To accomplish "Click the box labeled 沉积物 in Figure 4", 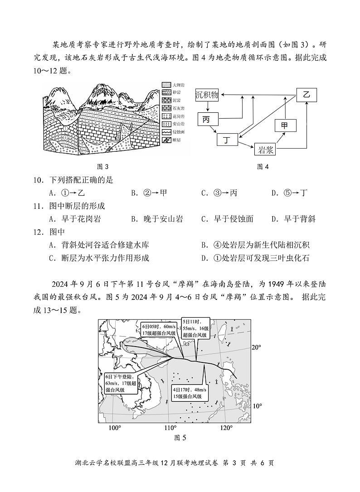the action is click(207, 95).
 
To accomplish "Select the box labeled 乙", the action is click(306, 94).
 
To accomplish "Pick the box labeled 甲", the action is click(285, 125).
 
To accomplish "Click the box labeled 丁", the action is click(227, 140).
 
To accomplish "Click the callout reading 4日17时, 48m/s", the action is click(190, 393).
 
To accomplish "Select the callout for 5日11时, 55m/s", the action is click(195, 328).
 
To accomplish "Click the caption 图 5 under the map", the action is click(180, 438).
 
